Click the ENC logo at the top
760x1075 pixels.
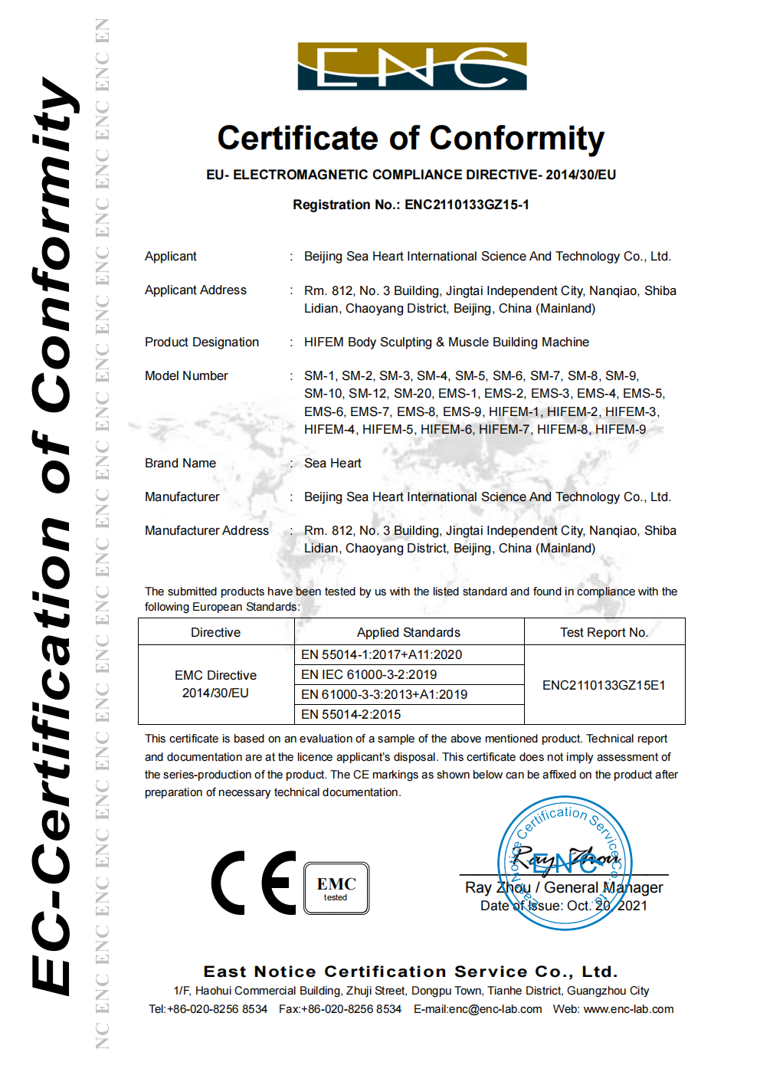pyautogui.click(x=412, y=67)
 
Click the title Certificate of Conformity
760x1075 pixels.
pyautogui.click(x=411, y=139)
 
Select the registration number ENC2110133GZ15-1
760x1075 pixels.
pyautogui.click(x=467, y=205)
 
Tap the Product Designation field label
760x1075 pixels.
pyautogui.click(x=201, y=342)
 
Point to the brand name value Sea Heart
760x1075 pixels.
pyautogui.click(x=332, y=463)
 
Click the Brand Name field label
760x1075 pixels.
pyautogui.click(x=180, y=463)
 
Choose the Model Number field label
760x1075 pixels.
pyautogui.click(x=186, y=375)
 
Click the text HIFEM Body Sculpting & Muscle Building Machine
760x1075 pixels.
pyautogui.click(x=446, y=342)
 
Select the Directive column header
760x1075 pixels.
pyautogui.click(x=215, y=632)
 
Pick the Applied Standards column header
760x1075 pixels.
pyautogui.click(x=408, y=632)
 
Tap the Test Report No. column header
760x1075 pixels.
pyautogui.click(x=604, y=632)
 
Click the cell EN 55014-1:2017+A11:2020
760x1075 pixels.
pyautogui.click(x=382, y=654)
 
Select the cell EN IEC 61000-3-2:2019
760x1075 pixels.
pyautogui.click(x=369, y=674)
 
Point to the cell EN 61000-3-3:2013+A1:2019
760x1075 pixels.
pyautogui.click(x=384, y=694)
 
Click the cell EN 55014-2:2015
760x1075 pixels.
pyautogui.click(x=351, y=714)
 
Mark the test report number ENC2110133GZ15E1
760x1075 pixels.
pyautogui.click(x=604, y=685)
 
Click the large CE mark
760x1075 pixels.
pyautogui.click(x=254, y=883)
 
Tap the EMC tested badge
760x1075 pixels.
pyautogui.click(x=336, y=888)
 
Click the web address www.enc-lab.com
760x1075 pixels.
pyautogui.click(x=628, y=1009)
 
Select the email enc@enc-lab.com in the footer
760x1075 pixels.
pyautogui.click(x=495, y=1009)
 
